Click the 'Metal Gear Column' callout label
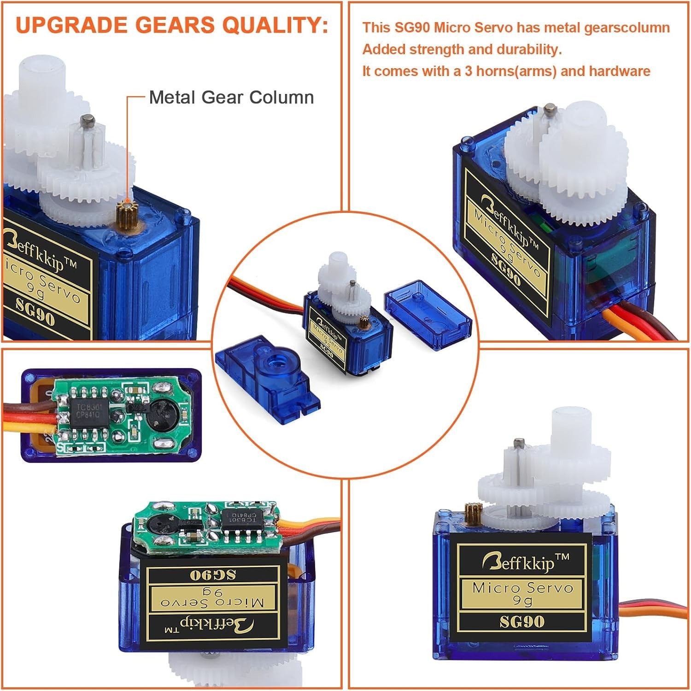[231, 98]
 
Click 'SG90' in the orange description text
[412, 28]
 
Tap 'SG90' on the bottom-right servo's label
[522, 622]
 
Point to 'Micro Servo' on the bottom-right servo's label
[522, 588]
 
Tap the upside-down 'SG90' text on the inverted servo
[212, 574]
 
